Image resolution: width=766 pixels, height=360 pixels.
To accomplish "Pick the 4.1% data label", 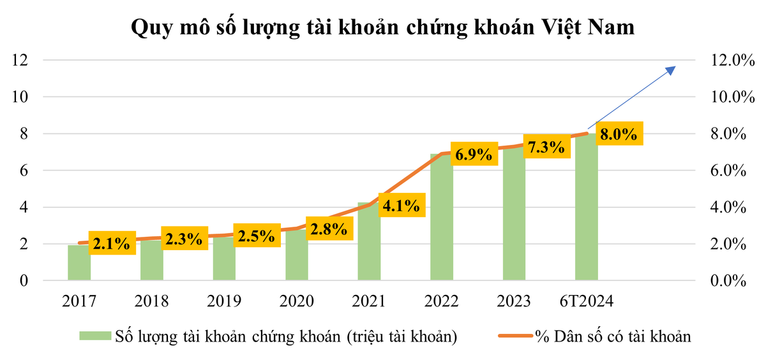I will (x=402, y=206).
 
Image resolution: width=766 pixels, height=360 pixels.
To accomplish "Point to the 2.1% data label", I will (x=111, y=243).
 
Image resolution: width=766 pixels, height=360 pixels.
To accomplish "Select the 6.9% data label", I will (x=474, y=154).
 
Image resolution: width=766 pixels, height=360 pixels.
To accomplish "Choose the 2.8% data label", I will (x=329, y=229).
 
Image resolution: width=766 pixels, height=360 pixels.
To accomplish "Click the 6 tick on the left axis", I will (x=25, y=170).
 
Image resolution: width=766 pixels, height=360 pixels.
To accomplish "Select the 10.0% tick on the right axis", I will (x=728, y=97).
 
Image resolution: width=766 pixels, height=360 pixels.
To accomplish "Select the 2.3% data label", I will (x=184, y=239).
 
